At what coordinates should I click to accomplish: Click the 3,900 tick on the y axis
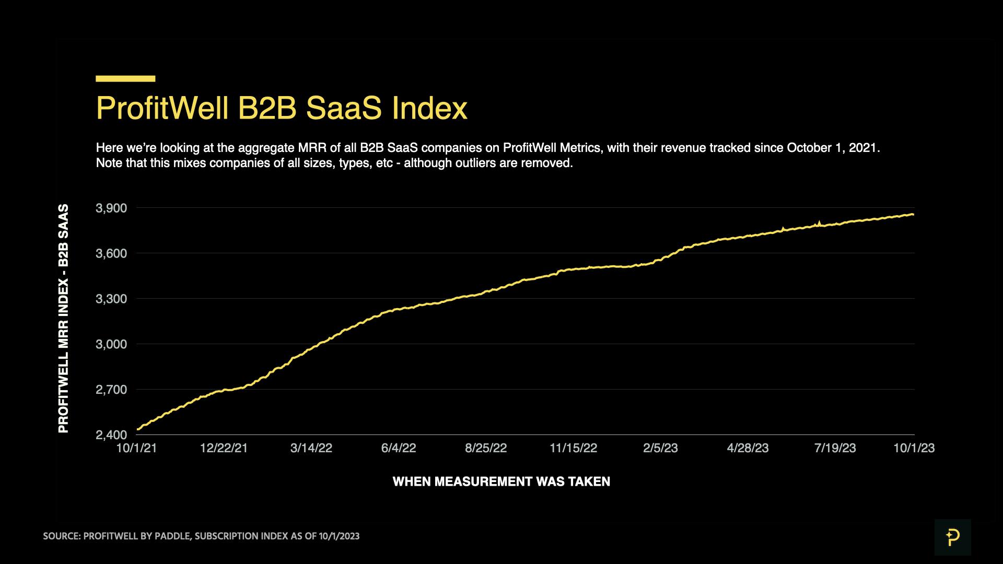point(111,208)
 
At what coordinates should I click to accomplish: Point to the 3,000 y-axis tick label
point(111,344)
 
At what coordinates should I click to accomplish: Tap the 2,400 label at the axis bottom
point(111,435)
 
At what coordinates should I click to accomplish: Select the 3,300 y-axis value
point(111,299)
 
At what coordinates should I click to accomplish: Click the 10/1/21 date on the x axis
point(136,448)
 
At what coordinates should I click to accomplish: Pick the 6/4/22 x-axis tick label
point(399,448)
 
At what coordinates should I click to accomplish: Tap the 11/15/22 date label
point(573,448)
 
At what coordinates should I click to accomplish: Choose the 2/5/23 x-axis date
point(660,448)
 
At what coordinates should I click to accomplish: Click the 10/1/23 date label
point(914,448)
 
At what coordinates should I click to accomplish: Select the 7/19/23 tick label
point(835,448)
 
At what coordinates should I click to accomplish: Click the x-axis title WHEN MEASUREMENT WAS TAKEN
point(501,481)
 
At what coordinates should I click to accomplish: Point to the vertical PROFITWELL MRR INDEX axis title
point(63,319)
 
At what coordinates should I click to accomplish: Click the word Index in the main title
point(429,108)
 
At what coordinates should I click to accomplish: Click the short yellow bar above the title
point(125,79)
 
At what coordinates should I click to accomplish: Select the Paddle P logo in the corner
point(952,537)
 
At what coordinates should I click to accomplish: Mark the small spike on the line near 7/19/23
point(819,223)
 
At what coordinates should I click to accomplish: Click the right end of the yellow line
point(913,214)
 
